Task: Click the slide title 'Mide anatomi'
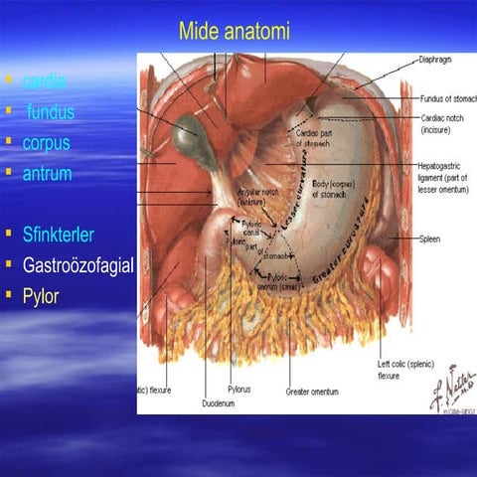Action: click(235, 32)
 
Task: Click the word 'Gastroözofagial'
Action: click(78, 265)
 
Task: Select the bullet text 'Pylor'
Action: click(41, 296)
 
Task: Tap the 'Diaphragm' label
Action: click(434, 60)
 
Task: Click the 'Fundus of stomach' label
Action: click(447, 98)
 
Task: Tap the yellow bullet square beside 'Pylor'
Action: click(9, 296)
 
